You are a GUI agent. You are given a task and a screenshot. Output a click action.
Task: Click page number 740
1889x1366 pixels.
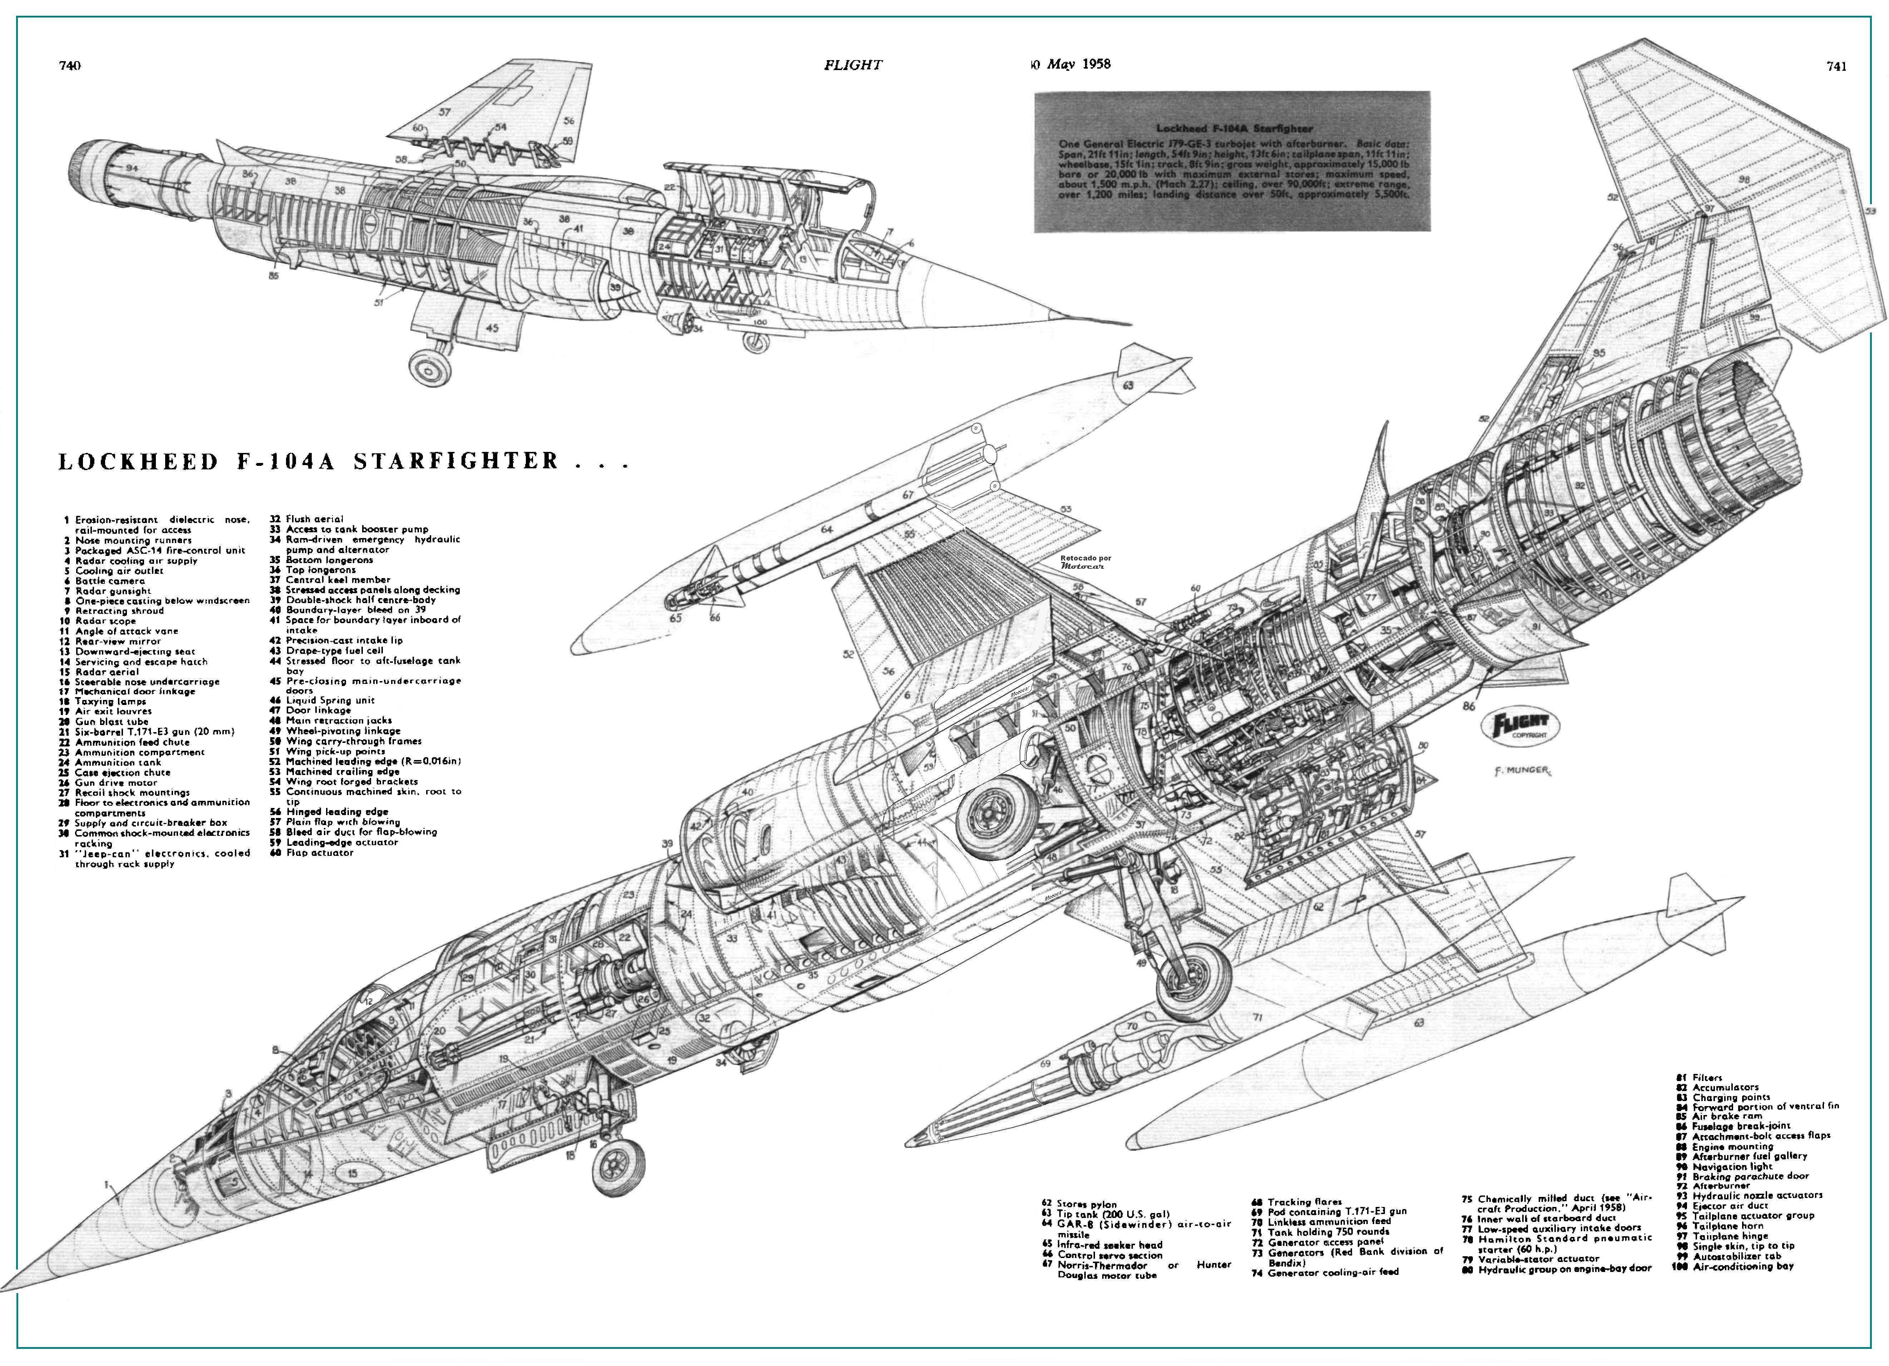point(70,66)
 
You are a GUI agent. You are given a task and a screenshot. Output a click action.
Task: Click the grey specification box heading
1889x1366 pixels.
point(1233,128)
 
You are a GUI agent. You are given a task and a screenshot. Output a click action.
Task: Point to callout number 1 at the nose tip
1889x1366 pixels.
point(107,1184)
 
